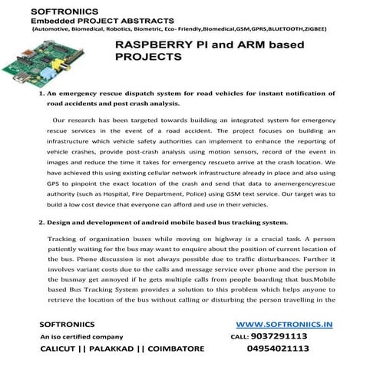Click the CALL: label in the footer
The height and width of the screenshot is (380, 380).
(x=239, y=336)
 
